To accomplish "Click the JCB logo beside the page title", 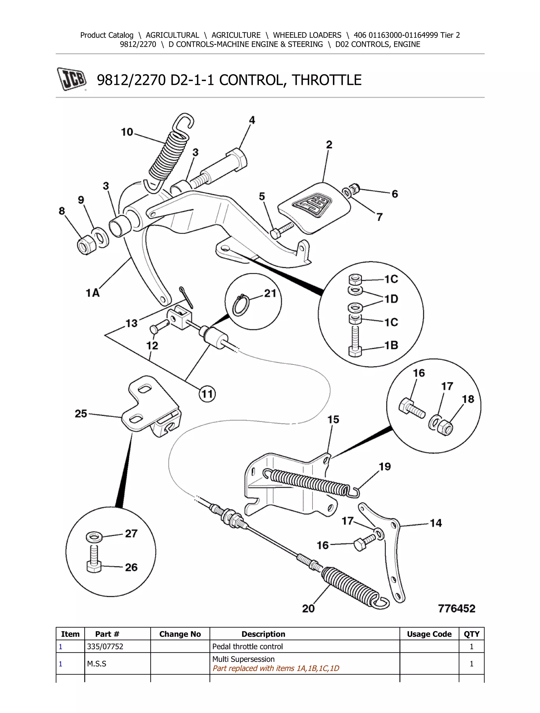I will (x=72, y=79).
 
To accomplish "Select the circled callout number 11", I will (x=207, y=394).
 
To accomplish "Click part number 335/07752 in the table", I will (x=105, y=646).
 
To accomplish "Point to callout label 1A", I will (x=93, y=293).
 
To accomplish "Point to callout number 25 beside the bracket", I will (x=81, y=413).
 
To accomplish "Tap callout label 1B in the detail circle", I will (x=391, y=345).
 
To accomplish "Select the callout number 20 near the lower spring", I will (x=308, y=608).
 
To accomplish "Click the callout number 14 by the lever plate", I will (x=436, y=523).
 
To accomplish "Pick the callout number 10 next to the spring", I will (x=127, y=132).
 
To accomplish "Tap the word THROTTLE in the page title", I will (x=326, y=80).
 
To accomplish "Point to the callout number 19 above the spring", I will (x=384, y=466).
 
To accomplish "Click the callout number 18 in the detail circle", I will (x=468, y=399).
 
